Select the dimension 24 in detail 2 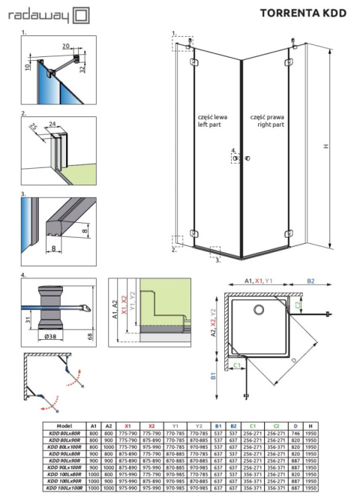(x=52, y=124)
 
